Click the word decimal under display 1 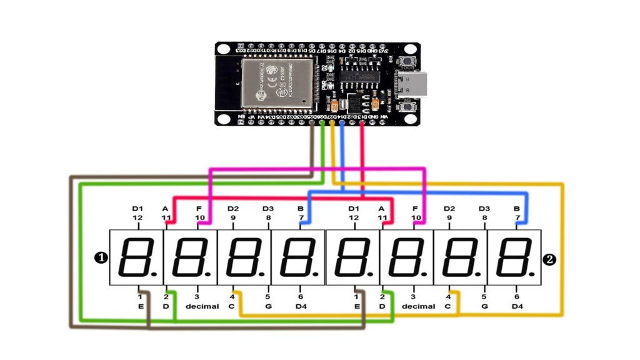(201, 306)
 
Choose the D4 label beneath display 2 (517, 306)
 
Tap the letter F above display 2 (415, 208)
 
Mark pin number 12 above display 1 (137, 217)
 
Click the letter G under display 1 (267, 306)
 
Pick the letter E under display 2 (356, 306)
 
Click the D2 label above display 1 (233, 208)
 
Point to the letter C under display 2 (447, 306)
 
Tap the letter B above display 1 (301, 208)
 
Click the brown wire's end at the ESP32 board (312, 122)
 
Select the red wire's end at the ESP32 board (362, 122)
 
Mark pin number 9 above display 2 (449, 217)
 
